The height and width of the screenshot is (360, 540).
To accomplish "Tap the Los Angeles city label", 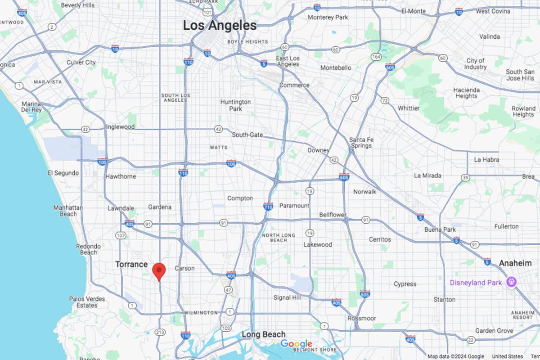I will coord(220,26).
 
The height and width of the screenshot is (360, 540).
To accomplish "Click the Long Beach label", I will coord(263,334).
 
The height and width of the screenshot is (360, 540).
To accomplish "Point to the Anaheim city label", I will coord(515,263).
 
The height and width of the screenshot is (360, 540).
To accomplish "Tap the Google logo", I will coord(296,344).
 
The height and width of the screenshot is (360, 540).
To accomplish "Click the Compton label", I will coord(240,198).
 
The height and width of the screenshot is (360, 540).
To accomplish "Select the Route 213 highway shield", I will coord(160,332).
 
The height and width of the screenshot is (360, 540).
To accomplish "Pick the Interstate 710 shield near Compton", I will coord(268,206).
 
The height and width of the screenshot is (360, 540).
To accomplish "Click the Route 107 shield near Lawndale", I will coord(121,235).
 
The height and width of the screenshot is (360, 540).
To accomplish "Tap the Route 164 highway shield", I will coord(376,57).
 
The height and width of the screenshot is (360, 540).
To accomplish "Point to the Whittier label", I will coord(408,108).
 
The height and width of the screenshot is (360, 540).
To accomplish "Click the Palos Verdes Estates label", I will coord(87,302).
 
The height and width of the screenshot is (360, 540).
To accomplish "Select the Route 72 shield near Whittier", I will coord(384,100).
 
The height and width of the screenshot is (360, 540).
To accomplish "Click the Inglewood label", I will coord(120,127).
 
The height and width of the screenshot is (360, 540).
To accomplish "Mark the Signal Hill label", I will coord(288,297).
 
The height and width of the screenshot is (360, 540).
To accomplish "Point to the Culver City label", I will coord(81,63).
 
